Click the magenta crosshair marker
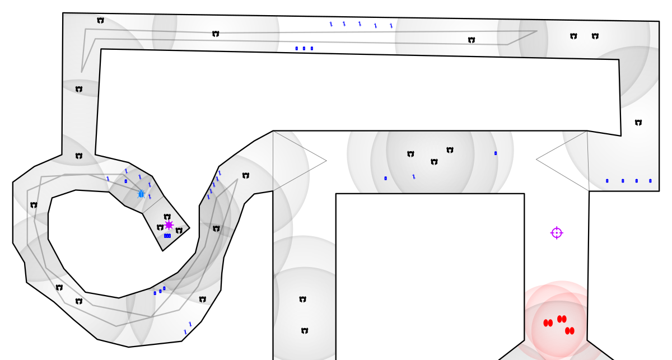557,233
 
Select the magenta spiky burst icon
169,225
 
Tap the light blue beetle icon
141,194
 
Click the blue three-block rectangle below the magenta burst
167,236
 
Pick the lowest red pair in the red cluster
570,331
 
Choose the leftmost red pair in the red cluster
548,323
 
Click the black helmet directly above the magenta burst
167,217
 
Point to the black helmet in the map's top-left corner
100,21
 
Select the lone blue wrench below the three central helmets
414,176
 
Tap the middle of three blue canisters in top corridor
304,49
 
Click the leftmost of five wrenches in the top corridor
331,24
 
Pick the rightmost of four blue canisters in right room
650,181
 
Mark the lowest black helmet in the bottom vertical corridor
305,331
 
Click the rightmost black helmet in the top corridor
595,36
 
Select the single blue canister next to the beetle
126,181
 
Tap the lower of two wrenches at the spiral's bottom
185,332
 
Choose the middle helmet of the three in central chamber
434,162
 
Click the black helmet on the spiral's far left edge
34,205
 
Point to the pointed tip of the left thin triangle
326,161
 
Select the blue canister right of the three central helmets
496,153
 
